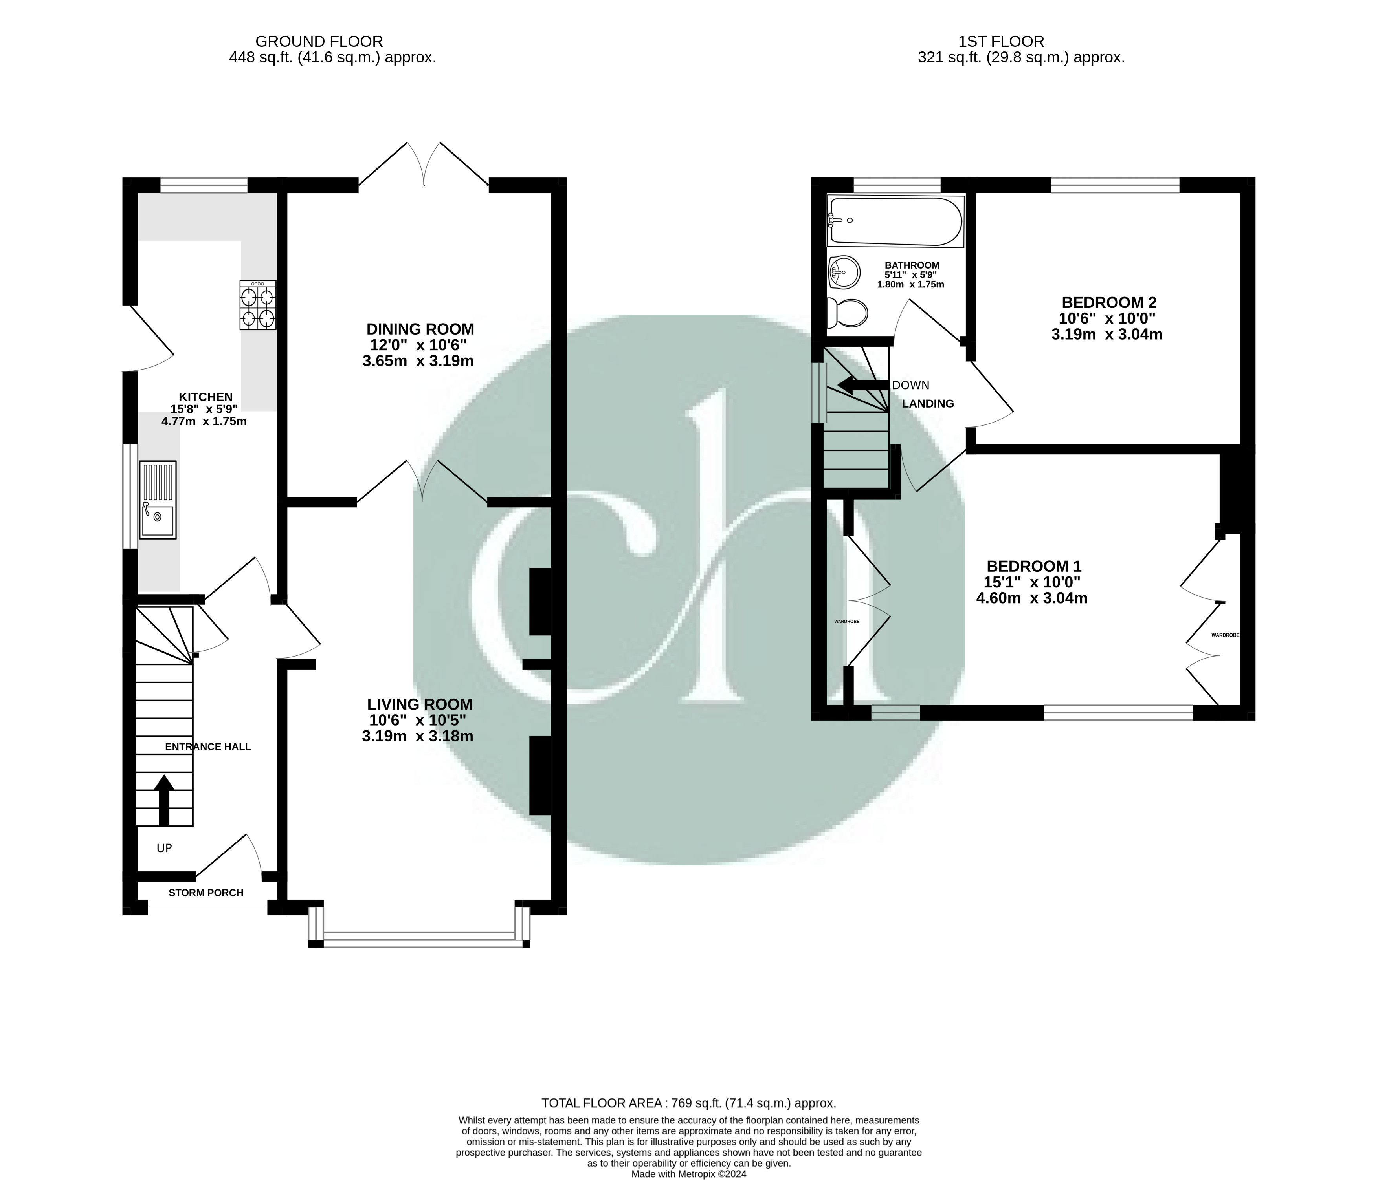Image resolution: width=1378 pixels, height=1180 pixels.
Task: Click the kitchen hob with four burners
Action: point(258,305)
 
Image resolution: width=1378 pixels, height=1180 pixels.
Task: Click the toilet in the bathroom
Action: point(847,313)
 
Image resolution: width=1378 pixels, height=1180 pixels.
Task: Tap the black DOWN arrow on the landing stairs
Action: point(862,385)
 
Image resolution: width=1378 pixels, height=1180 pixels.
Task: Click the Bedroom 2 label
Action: point(1109,302)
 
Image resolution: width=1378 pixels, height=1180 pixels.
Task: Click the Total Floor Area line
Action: point(688,1103)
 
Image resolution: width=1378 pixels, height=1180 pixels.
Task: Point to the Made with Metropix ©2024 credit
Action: point(688,1174)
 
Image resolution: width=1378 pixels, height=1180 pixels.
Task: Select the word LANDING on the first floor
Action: point(928,404)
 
